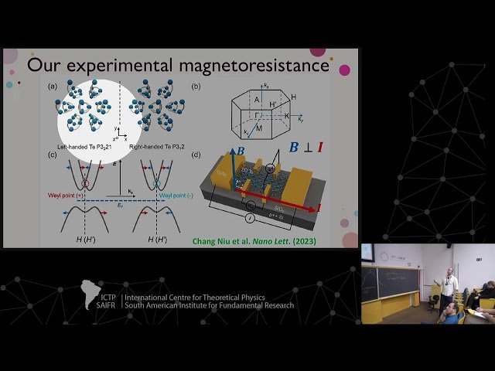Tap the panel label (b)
click(196, 87)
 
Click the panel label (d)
click(196, 155)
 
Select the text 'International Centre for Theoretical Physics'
click(206, 297)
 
